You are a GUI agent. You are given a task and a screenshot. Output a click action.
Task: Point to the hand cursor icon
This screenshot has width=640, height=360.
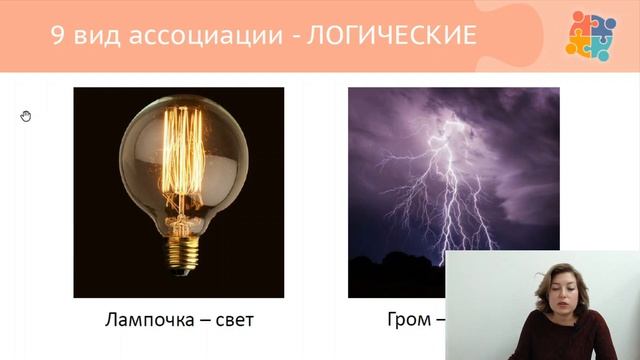pyautogui.click(x=26, y=116)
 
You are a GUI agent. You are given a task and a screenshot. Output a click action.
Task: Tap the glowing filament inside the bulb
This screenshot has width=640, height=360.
pyautogui.click(x=179, y=160)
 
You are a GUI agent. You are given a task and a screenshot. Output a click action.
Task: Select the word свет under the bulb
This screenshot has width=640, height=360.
pyautogui.click(x=230, y=321)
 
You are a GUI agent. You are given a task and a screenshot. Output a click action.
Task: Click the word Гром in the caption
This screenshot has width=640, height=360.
pyautogui.click(x=407, y=321)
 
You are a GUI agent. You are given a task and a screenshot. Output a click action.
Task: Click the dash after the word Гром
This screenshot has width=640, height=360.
pyautogui.click(x=439, y=321)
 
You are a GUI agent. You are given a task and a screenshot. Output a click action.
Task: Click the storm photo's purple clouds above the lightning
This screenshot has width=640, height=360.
pyautogui.click(x=400, y=110)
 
